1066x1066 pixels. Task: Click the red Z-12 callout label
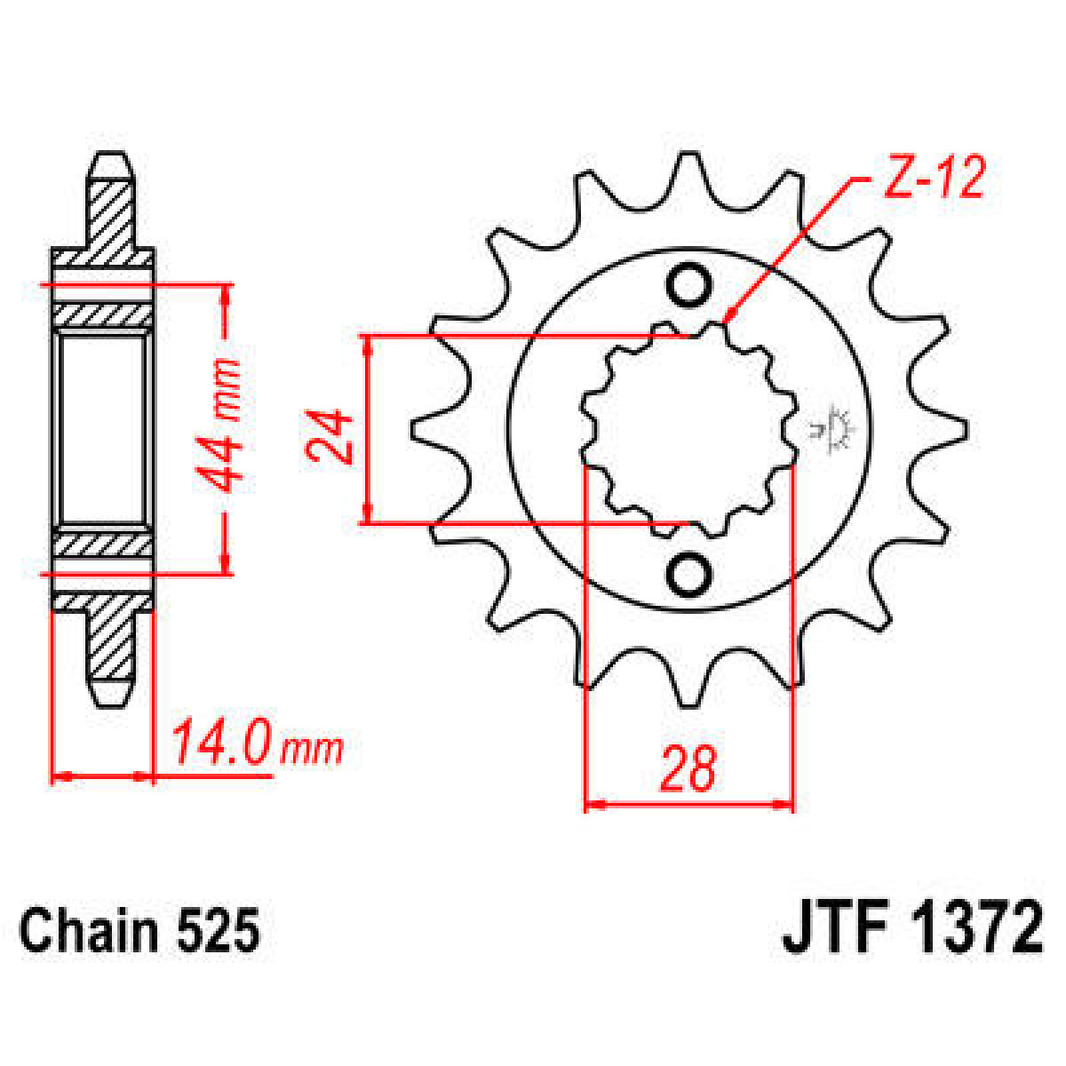933,179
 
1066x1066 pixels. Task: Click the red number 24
330,436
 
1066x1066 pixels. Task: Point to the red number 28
688,769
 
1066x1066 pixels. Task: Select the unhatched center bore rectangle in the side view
101,430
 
